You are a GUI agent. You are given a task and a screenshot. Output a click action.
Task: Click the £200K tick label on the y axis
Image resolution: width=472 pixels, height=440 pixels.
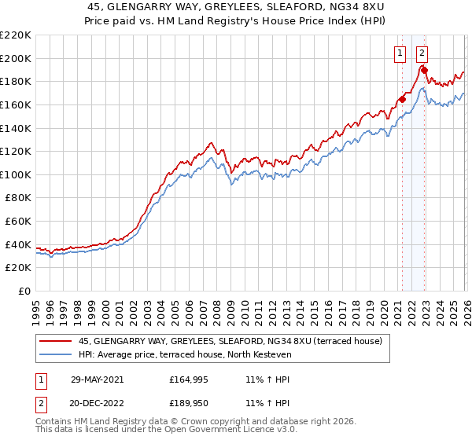16,58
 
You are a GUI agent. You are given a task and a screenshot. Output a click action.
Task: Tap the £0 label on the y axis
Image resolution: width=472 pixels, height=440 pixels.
24,291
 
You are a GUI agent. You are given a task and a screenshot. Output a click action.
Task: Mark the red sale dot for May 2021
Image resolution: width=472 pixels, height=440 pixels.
402,99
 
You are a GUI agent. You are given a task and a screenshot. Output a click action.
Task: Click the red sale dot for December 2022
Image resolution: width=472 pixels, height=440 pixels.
424,70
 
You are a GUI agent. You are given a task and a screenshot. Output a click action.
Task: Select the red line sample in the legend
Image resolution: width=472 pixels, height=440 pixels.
57,341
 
